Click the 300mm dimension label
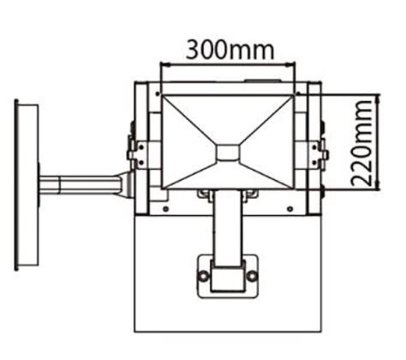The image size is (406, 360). coord(227,48)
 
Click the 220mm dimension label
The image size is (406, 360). coord(366,141)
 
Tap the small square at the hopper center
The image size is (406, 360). coord(227,152)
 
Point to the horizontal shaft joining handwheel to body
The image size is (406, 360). coord(81,185)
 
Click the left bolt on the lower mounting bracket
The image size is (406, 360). coord(203,276)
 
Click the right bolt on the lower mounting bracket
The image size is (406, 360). coord(252,276)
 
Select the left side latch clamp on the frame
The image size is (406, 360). coord(134,154)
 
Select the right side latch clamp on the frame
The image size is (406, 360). coord(320,154)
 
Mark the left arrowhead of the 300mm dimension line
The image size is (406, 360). coord(163,63)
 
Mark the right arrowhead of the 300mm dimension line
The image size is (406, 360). coord(292,63)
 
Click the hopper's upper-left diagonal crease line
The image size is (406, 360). coord(188,120)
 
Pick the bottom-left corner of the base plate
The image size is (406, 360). coord(134,330)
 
